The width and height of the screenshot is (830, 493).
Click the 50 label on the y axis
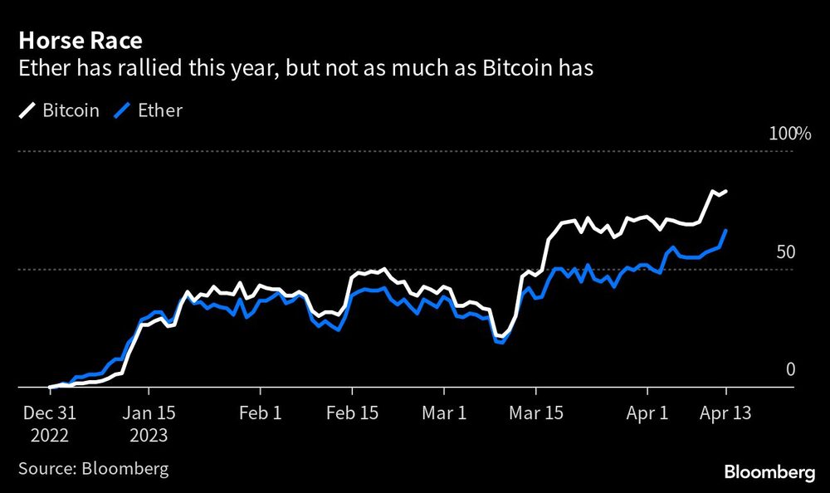(x=784, y=251)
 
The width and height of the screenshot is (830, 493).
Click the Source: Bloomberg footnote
(x=93, y=468)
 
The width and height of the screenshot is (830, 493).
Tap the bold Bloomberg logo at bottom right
(x=769, y=472)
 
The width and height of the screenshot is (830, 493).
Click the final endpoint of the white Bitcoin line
(x=726, y=192)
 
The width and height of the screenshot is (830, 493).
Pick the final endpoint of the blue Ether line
(x=726, y=231)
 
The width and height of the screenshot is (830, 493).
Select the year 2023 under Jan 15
(x=149, y=435)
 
